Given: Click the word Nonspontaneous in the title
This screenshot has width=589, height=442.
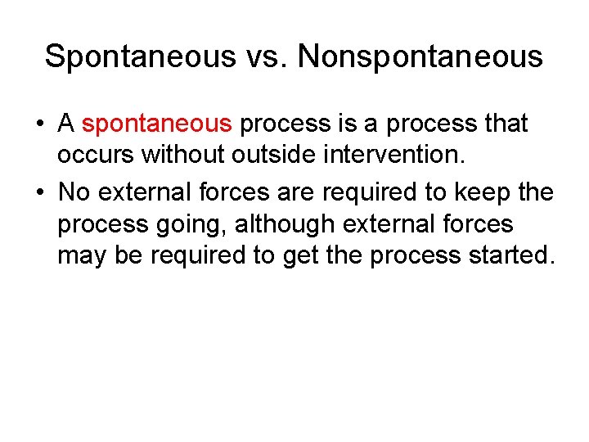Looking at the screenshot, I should point(420,56).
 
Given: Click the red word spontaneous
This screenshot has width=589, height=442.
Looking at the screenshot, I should point(157,124).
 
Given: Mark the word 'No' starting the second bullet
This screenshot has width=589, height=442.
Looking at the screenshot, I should point(74,193).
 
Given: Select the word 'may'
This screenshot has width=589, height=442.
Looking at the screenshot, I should point(80,256).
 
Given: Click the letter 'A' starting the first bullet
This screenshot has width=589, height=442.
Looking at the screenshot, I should point(66,124).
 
